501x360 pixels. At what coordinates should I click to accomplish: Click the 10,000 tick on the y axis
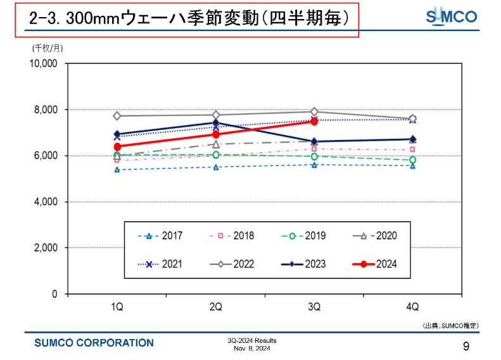(43, 63)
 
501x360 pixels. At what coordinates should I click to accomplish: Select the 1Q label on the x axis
(117, 307)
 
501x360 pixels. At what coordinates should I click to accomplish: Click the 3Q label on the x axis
(314, 307)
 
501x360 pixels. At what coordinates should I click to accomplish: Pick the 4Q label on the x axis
(412, 307)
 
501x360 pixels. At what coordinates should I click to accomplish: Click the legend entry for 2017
(161, 236)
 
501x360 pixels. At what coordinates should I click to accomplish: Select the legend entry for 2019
(303, 236)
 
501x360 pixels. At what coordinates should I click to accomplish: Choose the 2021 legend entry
(161, 264)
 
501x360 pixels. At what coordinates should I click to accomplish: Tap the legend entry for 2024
(375, 264)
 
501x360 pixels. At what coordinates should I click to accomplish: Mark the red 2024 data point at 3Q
(314, 121)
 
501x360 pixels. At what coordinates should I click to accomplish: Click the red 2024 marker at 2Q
(216, 134)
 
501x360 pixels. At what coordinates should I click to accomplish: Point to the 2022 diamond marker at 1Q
(117, 116)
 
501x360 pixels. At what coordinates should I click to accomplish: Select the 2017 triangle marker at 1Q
(117, 170)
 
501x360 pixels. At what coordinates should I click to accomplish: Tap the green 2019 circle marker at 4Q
(412, 160)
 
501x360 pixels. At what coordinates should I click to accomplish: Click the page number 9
(466, 346)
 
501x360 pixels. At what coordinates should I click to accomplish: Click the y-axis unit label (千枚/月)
(48, 47)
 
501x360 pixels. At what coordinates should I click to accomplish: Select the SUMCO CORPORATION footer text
(94, 343)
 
